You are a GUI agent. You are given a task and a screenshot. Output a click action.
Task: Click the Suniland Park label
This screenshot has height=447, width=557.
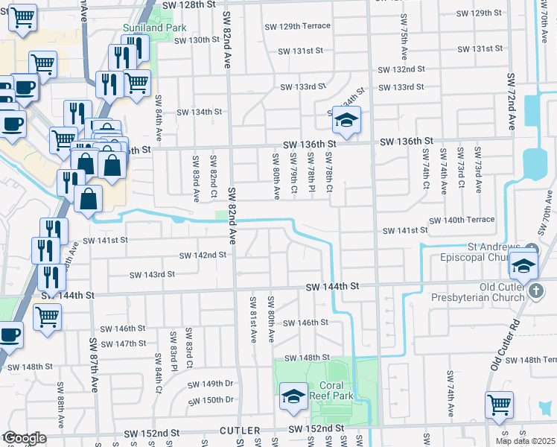(x=154, y=28)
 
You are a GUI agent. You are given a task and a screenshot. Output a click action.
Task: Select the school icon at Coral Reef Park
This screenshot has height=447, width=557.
(x=294, y=397)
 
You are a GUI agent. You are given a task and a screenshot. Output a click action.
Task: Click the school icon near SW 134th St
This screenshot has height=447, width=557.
(x=346, y=119)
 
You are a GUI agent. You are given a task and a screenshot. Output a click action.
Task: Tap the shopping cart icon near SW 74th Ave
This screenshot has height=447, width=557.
(x=498, y=405)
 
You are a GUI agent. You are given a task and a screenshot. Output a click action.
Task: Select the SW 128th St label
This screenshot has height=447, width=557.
(x=188, y=4)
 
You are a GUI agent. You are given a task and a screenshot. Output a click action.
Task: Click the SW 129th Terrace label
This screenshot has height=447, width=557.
(x=298, y=26)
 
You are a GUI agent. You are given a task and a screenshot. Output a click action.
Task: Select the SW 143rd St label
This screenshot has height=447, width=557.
(x=152, y=274)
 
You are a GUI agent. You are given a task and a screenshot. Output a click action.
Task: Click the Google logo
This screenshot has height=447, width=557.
(x=24, y=438)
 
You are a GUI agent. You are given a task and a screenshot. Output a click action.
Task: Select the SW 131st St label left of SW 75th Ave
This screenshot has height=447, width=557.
(x=301, y=51)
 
